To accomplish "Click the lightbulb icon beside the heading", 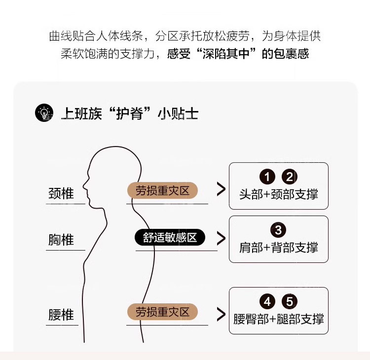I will point(44,113).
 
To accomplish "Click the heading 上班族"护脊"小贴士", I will point(129,113).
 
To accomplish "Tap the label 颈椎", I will point(61,193).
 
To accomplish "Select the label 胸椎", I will point(61,240).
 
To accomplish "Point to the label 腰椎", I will point(61,315).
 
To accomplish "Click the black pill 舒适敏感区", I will point(170,238).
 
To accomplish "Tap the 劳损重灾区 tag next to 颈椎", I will point(162,191).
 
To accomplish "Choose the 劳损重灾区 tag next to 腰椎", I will point(162,312).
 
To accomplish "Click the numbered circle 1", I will point(267,177).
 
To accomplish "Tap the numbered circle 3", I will point(278,230).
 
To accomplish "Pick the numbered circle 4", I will point(267,301).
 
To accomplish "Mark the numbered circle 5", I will point(289,301).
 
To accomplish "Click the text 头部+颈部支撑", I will point(278,194).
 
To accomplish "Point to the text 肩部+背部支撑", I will point(278,247).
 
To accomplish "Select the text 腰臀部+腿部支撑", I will point(278,319).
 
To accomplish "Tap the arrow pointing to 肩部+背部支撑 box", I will point(221,238).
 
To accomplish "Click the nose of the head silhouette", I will point(84,187).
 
